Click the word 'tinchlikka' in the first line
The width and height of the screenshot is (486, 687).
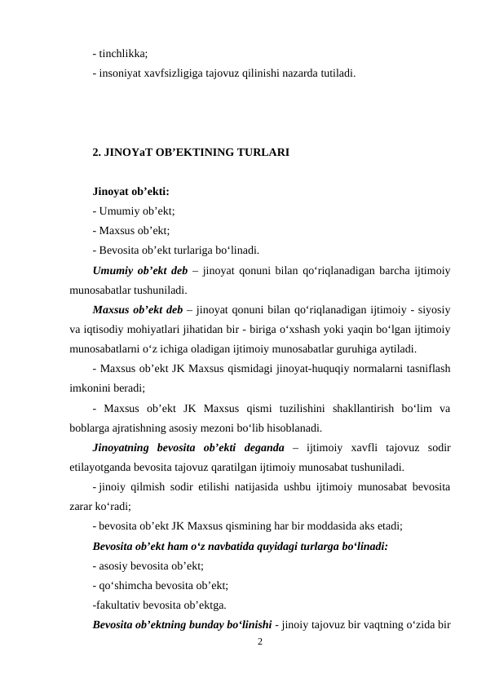pos(123,55)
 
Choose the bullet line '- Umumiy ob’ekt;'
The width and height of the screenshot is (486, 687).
pos(128,211)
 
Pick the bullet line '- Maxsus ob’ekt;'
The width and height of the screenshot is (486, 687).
pos(126,231)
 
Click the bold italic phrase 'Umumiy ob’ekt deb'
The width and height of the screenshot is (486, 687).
pos(140,270)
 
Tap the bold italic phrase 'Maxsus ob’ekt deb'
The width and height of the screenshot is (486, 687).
pos(138,310)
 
